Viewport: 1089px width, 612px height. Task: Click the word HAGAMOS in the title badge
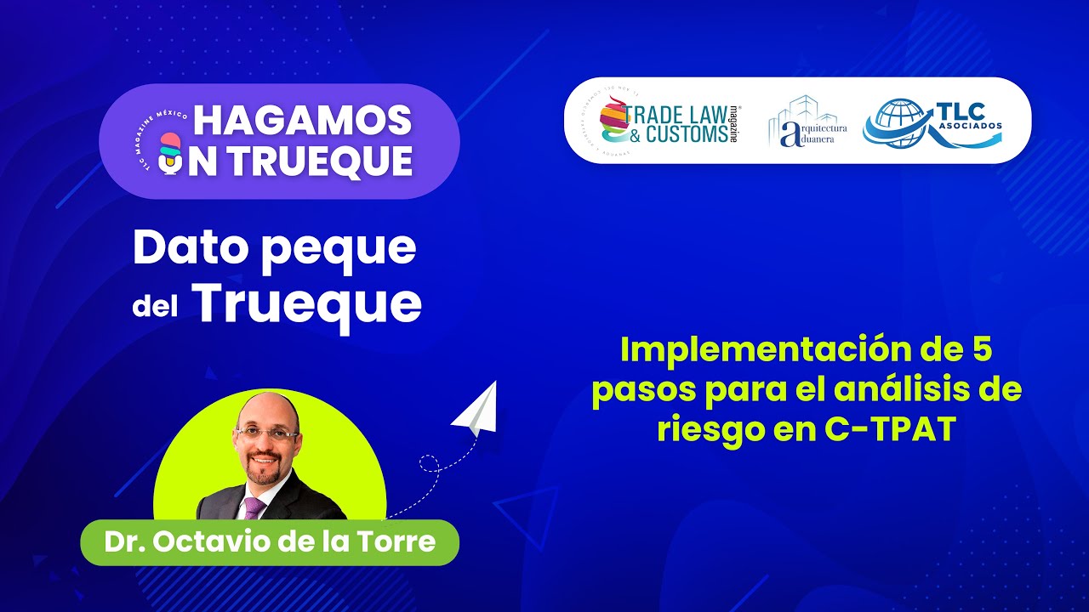[x=302, y=122]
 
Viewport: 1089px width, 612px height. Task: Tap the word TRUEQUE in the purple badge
[x=315, y=160]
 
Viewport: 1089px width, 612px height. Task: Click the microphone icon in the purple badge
[x=171, y=154]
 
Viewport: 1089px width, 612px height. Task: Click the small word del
[x=154, y=308]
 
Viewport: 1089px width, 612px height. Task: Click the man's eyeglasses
[x=267, y=432]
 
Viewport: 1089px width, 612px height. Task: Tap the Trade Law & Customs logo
[x=669, y=120]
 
